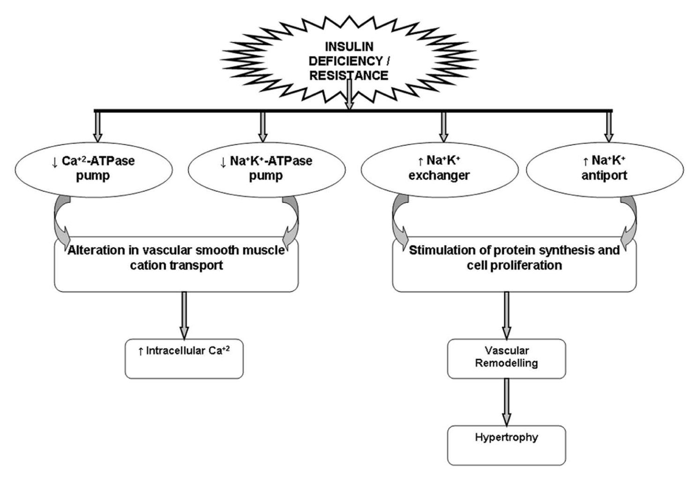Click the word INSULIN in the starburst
[349, 47]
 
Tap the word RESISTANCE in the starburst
[349, 76]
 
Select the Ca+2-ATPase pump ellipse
[94, 170]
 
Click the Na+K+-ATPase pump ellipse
[267, 170]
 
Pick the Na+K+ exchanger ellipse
[440, 170]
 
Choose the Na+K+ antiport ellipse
[605, 170]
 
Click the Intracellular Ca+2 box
[184, 359]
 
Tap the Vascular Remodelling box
[507, 359]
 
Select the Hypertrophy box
[507, 445]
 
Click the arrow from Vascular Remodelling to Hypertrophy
[507, 402]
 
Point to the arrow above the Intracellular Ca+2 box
[184, 315]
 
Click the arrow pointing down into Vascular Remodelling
[507, 315]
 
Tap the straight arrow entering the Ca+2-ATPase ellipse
[97, 127]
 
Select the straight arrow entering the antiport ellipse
[608, 127]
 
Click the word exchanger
[439, 175]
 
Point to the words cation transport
[176, 266]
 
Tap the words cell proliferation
[514, 266]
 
